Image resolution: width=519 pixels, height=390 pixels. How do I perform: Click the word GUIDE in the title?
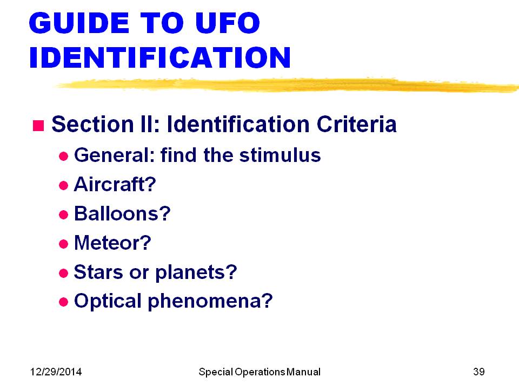click(79, 23)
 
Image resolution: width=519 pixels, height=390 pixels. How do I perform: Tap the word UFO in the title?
click(228, 23)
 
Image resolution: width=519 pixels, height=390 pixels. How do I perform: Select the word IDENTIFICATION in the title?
click(160, 57)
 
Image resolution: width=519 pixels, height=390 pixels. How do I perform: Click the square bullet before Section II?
click(38, 126)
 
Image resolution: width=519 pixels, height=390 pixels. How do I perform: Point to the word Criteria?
click(356, 124)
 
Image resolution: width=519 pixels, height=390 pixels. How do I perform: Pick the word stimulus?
click(280, 155)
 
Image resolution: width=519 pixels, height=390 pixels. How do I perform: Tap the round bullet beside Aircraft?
click(63, 185)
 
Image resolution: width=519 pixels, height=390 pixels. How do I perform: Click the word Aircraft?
click(115, 184)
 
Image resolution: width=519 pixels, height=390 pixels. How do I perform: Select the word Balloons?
click(122, 213)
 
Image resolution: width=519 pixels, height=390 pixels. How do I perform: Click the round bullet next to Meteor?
click(63, 244)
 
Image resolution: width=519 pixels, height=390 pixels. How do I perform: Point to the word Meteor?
click(112, 243)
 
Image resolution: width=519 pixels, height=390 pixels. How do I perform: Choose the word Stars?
click(98, 272)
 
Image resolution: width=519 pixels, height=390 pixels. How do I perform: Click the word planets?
click(196, 273)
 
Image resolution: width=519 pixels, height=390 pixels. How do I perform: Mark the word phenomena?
click(210, 302)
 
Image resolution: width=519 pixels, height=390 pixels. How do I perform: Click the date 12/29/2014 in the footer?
click(56, 372)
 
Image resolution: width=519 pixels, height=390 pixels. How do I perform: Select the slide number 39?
click(479, 372)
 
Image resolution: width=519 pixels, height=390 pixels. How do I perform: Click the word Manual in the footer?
click(303, 372)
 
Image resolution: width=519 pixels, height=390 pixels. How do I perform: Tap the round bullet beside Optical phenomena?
click(63, 302)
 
